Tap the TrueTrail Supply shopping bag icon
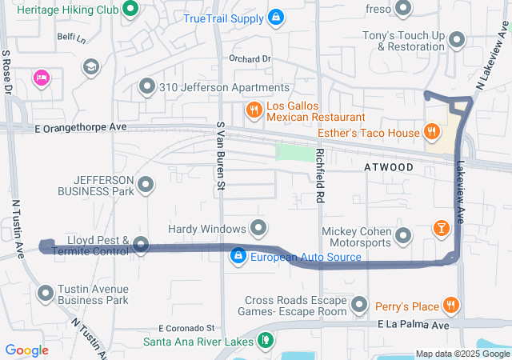tap(275, 16)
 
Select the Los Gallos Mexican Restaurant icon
tap(254, 110)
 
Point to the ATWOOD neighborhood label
tap(389, 167)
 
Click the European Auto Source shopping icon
tap(238, 256)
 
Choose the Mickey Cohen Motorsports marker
tap(403, 235)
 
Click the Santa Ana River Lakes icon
tap(266, 340)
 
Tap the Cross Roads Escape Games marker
tap(359, 305)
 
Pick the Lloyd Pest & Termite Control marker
tap(141, 244)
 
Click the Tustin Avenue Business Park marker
tap(45, 293)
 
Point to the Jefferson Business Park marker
tap(146, 186)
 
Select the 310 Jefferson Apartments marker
tap(146, 86)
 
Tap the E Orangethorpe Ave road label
tap(80, 127)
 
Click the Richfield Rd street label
tap(320, 174)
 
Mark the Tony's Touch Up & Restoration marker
tap(457, 39)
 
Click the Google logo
tap(26, 350)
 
